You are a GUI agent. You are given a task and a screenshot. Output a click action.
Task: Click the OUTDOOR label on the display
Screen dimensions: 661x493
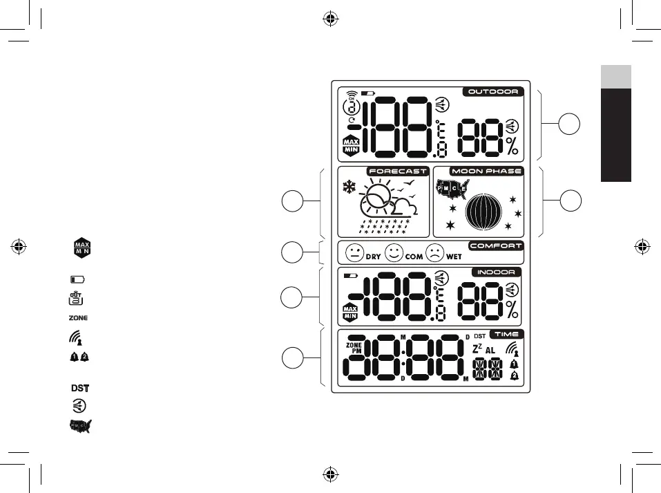pyautogui.click(x=492, y=91)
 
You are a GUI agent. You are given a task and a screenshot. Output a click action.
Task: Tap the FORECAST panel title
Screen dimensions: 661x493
pyautogui.click(x=398, y=171)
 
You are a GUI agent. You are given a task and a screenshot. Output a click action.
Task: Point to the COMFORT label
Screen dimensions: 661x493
pyautogui.click(x=496, y=245)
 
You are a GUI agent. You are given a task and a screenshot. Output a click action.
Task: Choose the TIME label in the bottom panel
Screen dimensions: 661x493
pyautogui.click(x=507, y=334)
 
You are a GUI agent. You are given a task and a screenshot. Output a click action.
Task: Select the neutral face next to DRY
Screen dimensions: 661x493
pyautogui.click(x=355, y=252)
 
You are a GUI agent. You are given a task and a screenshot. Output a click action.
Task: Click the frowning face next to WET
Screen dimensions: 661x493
pyautogui.click(x=435, y=252)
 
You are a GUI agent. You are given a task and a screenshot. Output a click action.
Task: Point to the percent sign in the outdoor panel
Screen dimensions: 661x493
pyautogui.click(x=512, y=146)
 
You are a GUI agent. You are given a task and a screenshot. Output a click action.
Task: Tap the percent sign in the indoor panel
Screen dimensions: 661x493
pyautogui.click(x=512, y=308)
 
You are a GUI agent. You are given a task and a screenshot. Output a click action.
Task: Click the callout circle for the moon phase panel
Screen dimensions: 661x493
pyautogui.click(x=570, y=201)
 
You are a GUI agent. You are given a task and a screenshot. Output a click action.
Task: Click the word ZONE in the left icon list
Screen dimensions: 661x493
pyautogui.click(x=79, y=318)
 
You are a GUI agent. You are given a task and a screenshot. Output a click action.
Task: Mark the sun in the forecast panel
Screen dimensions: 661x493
pyautogui.click(x=379, y=197)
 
